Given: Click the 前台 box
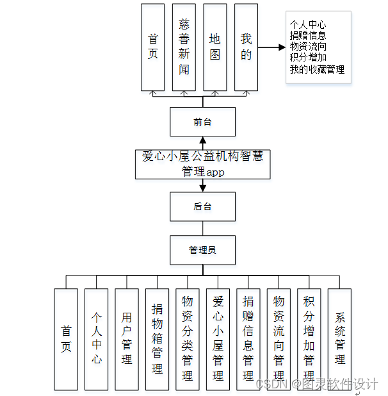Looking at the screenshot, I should click(202, 122).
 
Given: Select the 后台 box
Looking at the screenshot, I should click(202, 206).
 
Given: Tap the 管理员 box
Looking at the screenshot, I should click(202, 250).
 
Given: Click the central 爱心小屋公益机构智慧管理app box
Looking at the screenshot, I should click(202, 164).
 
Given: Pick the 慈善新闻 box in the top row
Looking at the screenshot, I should click(184, 47).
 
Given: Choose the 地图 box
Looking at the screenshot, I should click(215, 47).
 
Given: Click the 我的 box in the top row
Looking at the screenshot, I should click(247, 47).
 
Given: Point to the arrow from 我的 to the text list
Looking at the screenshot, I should click(271, 47).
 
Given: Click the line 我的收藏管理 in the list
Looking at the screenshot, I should click(317, 69).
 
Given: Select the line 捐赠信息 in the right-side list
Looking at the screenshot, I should click(308, 36).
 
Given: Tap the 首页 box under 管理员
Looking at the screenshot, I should click(66, 339).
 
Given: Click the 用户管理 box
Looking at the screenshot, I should click(127, 339).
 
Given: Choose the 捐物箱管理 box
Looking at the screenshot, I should click(157, 339).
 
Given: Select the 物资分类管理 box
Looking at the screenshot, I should click(188, 339).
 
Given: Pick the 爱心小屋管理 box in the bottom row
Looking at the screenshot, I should click(218, 339).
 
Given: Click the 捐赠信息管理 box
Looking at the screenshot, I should click(248, 339).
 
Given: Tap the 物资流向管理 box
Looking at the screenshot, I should click(279, 339).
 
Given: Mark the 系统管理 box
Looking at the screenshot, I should click(339, 339).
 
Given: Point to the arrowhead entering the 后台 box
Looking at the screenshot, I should click(203, 188).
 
